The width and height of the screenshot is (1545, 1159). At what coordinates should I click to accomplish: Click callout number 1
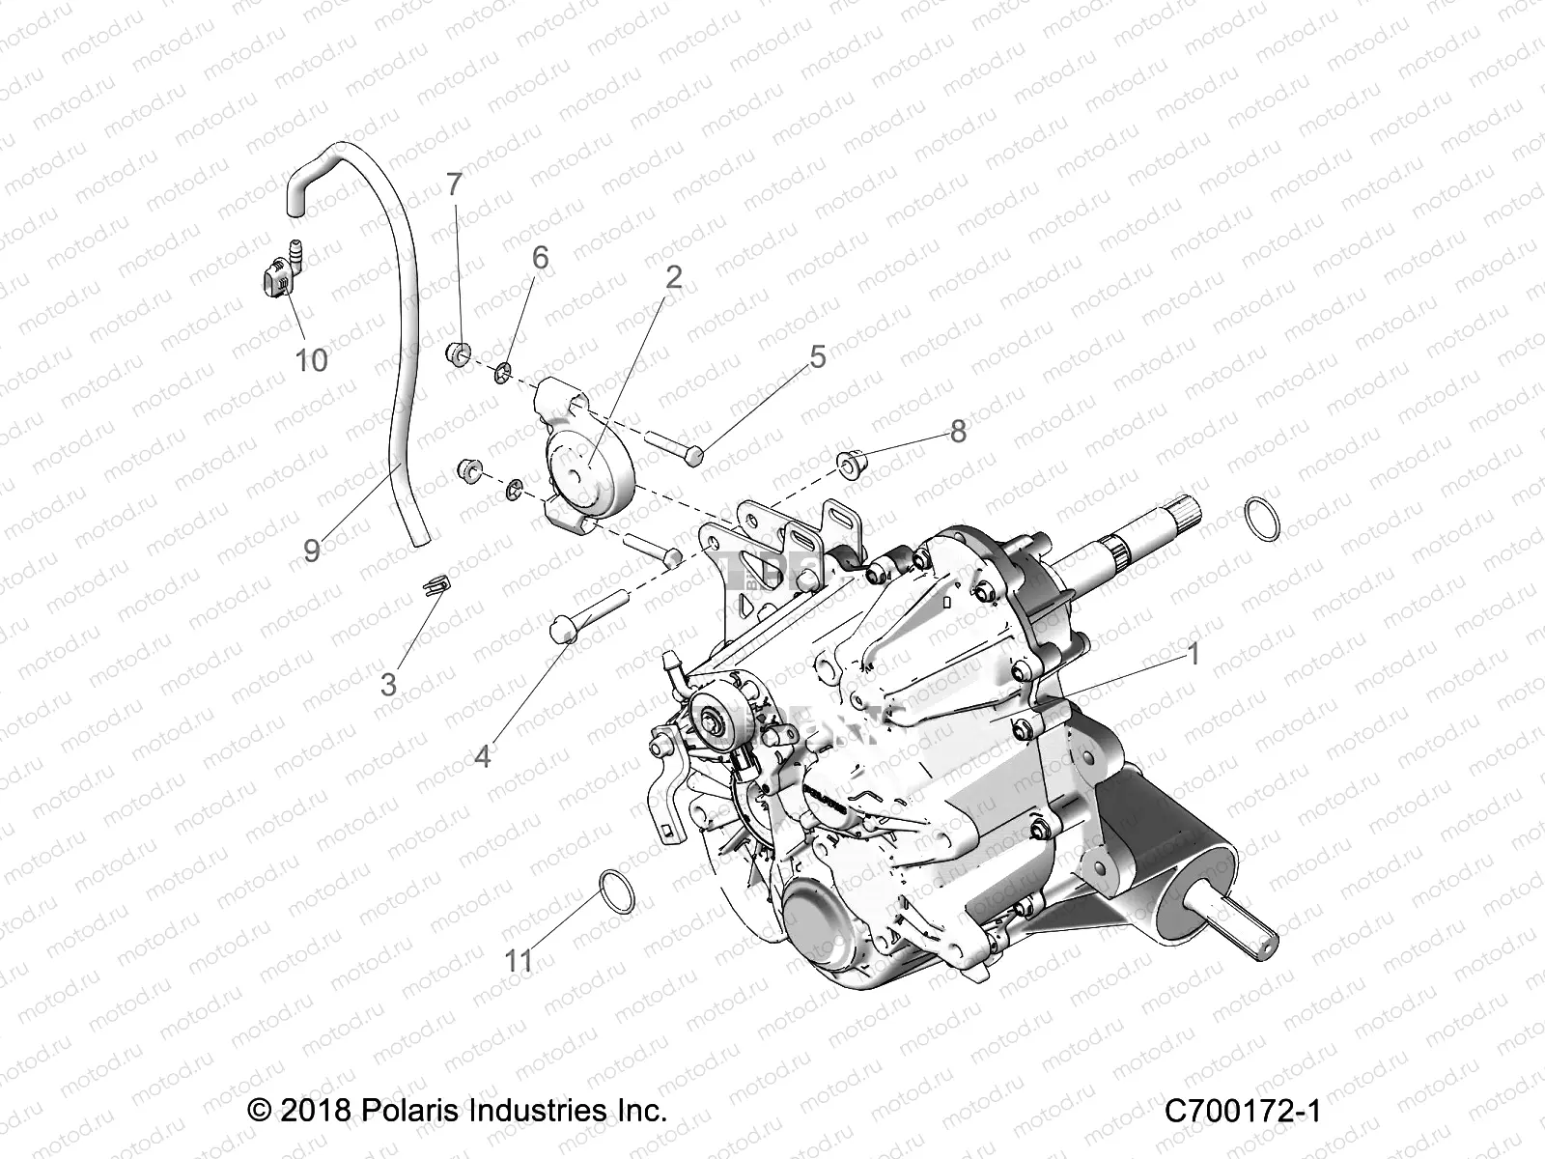point(1193,655)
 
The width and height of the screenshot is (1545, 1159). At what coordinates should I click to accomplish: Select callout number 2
point(673,277)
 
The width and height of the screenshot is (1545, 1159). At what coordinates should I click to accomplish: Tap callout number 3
point(388,685)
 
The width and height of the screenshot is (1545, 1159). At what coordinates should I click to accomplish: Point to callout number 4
point(482,756)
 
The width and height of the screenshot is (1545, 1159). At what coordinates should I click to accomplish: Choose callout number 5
point(818,357)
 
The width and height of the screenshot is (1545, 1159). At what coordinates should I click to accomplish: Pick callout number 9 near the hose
point(311,550)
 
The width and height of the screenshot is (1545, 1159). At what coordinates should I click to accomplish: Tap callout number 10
point(311,360)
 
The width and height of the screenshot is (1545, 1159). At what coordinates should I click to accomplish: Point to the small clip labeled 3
point(436,584)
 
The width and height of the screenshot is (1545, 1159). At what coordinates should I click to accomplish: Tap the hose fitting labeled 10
point(280,277)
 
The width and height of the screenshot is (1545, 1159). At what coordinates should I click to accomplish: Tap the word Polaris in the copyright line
point(409,1111)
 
